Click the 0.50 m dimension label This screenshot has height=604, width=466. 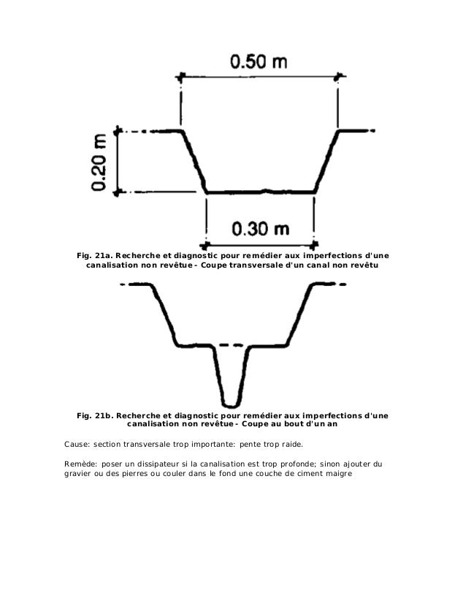click(259, 61)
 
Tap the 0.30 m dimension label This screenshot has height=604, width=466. click(260, 229)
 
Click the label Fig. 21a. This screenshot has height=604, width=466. click(93, 255)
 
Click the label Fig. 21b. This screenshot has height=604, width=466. click(93, 416)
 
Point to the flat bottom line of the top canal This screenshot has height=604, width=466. click(260, 192)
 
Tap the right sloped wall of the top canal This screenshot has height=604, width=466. click(328, 162)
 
